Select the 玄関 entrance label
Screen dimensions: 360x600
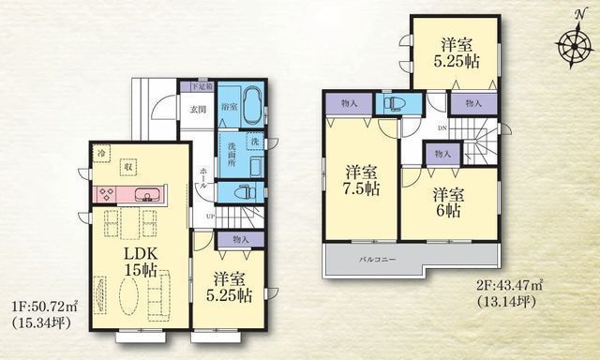[x=199, y=110]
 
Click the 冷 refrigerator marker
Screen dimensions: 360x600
[x=99, y=152]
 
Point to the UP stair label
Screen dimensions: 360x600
[x=208, y=217]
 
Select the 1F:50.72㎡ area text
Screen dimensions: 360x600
[x=44, y=307]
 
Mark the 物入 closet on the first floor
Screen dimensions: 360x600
[x=240, y=239]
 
